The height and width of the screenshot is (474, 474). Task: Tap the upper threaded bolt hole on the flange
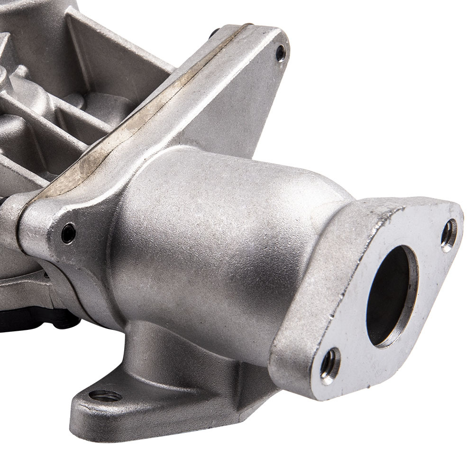[x=448, y=235]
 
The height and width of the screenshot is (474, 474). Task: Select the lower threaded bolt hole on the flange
[x=330, y=365]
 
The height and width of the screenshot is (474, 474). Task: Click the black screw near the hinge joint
[x=69, y=233]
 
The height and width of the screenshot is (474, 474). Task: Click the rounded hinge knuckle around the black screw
[x=52, y=228]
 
